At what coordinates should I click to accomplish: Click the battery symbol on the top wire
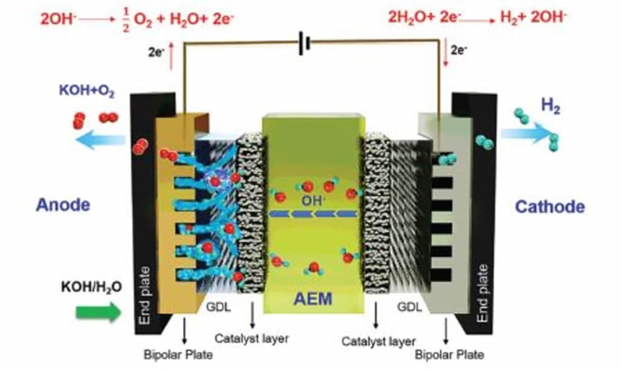(306, 44)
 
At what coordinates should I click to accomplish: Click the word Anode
(63, 205)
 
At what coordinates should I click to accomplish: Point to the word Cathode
(550, 207)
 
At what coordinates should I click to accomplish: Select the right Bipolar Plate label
(449, 354)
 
